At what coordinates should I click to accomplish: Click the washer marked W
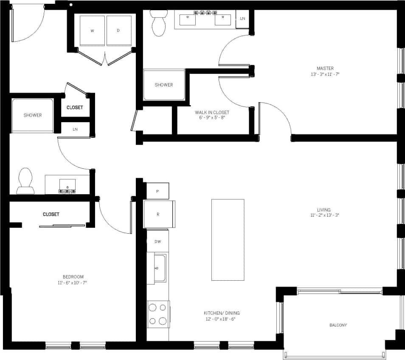click(92, 31)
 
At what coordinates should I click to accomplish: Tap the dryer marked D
click(118, 31)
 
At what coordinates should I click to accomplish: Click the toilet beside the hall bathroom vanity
click(25, 181)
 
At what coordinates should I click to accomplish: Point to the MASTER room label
click(325, 68)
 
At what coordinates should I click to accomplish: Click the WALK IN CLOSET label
click(212, 112)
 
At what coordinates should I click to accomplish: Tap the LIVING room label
click(323, 210)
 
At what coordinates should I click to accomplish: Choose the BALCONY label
click(338, 325)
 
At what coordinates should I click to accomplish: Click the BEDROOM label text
click(73, 277)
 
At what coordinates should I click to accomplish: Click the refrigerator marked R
click(158, 214)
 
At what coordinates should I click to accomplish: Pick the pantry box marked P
click(157, 191)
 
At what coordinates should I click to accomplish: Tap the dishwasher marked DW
click(157, 242)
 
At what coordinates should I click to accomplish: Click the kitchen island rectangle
click(228, 240)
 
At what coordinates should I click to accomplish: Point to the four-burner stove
click(158, 314)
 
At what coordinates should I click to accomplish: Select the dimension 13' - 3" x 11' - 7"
click(325, 74)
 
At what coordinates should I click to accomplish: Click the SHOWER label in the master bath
click(164, 85)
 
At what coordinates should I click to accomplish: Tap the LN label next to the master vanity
click(242, 19)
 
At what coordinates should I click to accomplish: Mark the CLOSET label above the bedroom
click(51, 214)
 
